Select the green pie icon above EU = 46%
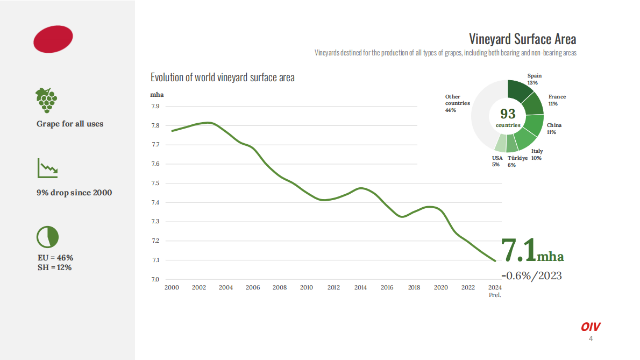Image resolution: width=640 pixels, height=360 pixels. tap(47, 236)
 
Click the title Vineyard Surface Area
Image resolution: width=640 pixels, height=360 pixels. tap(522, 39)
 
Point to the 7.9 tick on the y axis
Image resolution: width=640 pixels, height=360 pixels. tap(155, 107)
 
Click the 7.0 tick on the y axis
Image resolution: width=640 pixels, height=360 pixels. tap(155, 280)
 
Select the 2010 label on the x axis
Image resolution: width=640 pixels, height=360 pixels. tap(307, 288)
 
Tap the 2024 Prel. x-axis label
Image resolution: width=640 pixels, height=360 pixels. tap(495, 291)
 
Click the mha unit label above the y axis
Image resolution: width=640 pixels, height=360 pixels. tap(157, 95)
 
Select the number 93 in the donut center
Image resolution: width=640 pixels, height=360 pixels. tap(508, 114)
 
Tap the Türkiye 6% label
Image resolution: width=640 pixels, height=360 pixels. tap(512, 161)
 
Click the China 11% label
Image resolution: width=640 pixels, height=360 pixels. tap(554, 128)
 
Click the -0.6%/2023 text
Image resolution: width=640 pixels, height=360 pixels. tap(531, 276)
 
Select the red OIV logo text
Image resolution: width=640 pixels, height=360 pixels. tap(591, 327)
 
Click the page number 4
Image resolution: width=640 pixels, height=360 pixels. tap(591, 339)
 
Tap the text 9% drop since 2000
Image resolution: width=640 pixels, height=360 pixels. tap(74, 193)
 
